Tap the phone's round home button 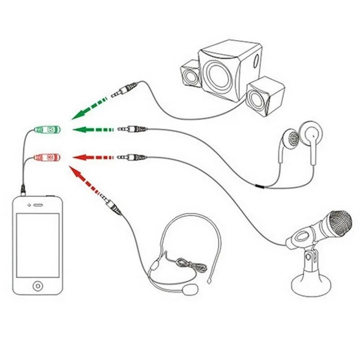click(x=38, y=285)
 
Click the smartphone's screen click(x=38, y=245)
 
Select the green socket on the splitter click(x=48, y=130)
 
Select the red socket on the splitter click(x=48, y=157)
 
